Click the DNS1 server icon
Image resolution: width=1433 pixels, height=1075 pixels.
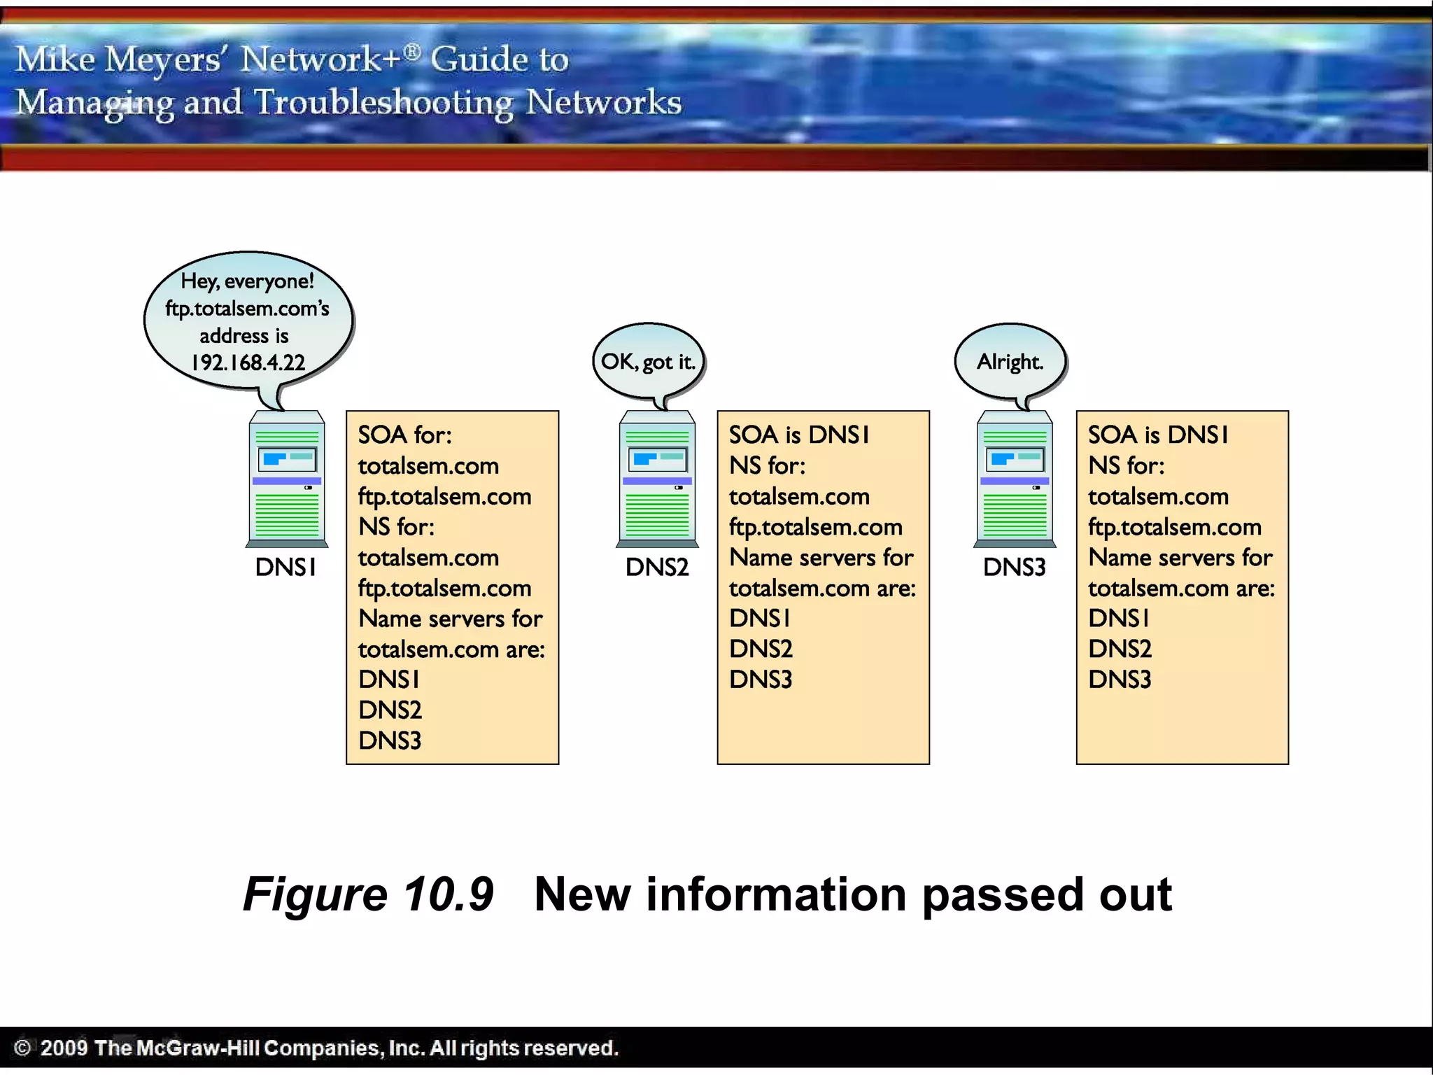click(x=287, y=479)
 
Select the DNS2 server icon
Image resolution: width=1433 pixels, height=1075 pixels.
click(x=657, y=479)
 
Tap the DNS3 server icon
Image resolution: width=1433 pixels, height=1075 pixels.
click(x=1015, y=479)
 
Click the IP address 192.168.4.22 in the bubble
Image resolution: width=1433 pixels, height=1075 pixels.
click(x=248, y=363)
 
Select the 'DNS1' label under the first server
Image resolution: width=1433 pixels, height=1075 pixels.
click(x=285, y=567)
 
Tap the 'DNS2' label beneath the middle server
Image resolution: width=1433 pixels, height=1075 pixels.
click(x=657, y=567)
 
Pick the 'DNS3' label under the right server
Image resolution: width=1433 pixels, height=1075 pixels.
click(x=1014, y=567)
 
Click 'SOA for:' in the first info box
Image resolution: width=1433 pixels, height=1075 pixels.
click(x=405, y=435)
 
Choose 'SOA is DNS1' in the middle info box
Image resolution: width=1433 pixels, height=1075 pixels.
click(x=799, y=435)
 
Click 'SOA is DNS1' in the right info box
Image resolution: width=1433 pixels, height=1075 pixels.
click(x=1158, y=435)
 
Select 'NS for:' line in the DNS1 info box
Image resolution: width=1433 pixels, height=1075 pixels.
click(x=396, y=527)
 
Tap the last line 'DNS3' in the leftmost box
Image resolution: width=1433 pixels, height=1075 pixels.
click(x=390, y=740)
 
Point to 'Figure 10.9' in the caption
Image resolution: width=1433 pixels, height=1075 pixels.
click(x=368, y=894)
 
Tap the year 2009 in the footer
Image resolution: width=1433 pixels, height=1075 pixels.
click(x=64, y=1048)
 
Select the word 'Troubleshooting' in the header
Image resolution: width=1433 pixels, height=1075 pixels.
click(x=383, y=102)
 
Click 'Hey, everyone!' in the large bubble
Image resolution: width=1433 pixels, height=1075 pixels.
click(x=247, y=281)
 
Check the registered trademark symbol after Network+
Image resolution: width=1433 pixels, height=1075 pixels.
click(x=413, y=50)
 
